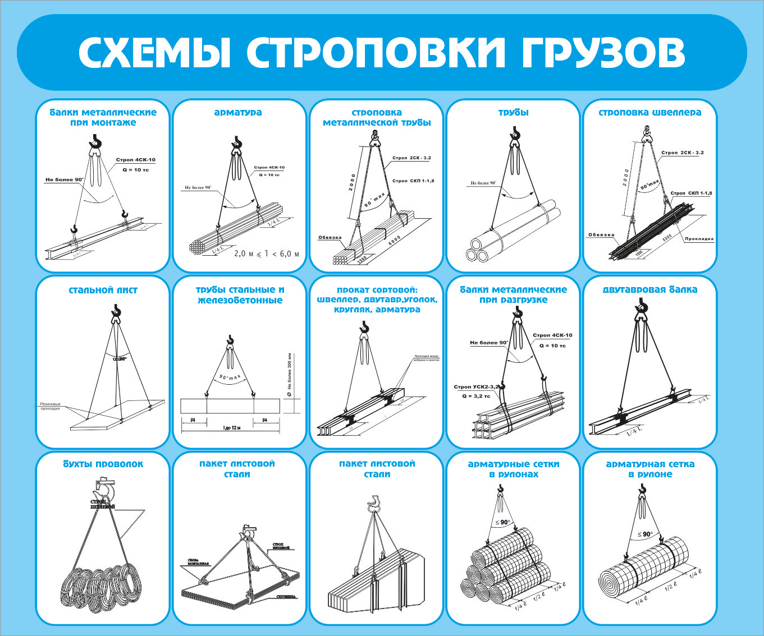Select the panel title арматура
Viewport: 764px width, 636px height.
tap(238, 112)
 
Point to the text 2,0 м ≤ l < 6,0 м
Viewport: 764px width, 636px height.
tap(266, 254)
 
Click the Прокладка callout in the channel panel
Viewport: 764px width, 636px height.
tap(699, 239)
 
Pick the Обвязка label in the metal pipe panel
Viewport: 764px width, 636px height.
tap(330, 237)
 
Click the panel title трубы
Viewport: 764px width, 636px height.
tap(513, 112)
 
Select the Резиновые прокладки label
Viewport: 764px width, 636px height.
tap(51, 406)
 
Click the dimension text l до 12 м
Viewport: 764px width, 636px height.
tap(231, 428)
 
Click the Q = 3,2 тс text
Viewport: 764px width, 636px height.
tap(475, 396)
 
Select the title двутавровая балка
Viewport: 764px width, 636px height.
tap(650, 290)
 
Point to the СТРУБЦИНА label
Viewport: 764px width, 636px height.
tap(286, 597)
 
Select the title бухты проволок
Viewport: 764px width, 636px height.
tap(103, 464)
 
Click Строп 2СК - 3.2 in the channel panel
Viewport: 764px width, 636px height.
tap(683, 153)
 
